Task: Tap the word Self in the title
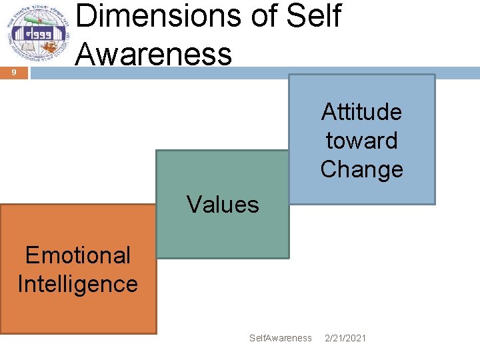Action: pyautogui.click(x=313, y=15)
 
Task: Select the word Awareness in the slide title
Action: pyautogui.click(x=154, y=53)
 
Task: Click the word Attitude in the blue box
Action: pyautogui.click(x=361, y=112)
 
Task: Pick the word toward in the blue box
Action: pyautogui.click(x=361, y=141)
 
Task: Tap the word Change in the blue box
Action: pyautogui.click(x=361, y=169)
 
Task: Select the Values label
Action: pyautogui.click(x=223, y=204)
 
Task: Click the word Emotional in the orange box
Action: pyautogui.click(x=78, y=255)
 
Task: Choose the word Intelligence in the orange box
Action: pyautogui.click(x=78, y=284)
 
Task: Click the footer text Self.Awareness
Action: pyautogui.click(x=280, y=338)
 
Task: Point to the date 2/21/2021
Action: pyautogui.click(x=345, y=338)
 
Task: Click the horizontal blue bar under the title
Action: pyautogui.click(x=253, y=73)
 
